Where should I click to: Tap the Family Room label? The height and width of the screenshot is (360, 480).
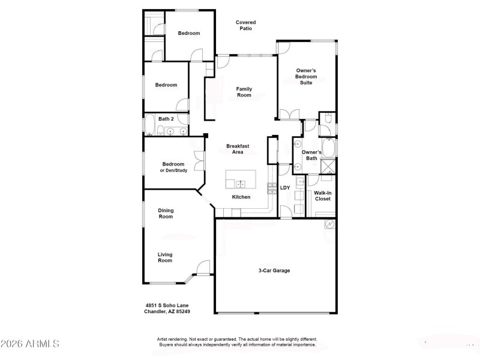click(x=244, y=92)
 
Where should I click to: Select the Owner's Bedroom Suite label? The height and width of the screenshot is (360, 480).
click(x=306, y=76)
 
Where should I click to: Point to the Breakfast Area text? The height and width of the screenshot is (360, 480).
click(x=238, y=149)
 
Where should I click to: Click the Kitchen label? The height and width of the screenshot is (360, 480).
click(x=241, y=197)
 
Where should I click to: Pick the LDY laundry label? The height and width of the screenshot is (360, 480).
click(x=286, y=188)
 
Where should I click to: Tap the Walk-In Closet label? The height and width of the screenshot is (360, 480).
click(x=323, y=196)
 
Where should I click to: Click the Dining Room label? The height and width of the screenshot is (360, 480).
click(x=166, y=213)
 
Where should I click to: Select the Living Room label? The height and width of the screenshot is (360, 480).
click(x=165, y=257)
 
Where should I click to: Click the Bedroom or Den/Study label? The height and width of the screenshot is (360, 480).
click(x=173, y=167)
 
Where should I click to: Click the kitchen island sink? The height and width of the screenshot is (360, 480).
click(x=240, y=184)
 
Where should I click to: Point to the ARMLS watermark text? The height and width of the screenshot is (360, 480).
click(x=30, y=344)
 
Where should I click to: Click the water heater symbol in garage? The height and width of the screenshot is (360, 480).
click(x=329, y=224)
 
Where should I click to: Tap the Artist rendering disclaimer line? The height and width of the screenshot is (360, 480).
click(x=237, y=339)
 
